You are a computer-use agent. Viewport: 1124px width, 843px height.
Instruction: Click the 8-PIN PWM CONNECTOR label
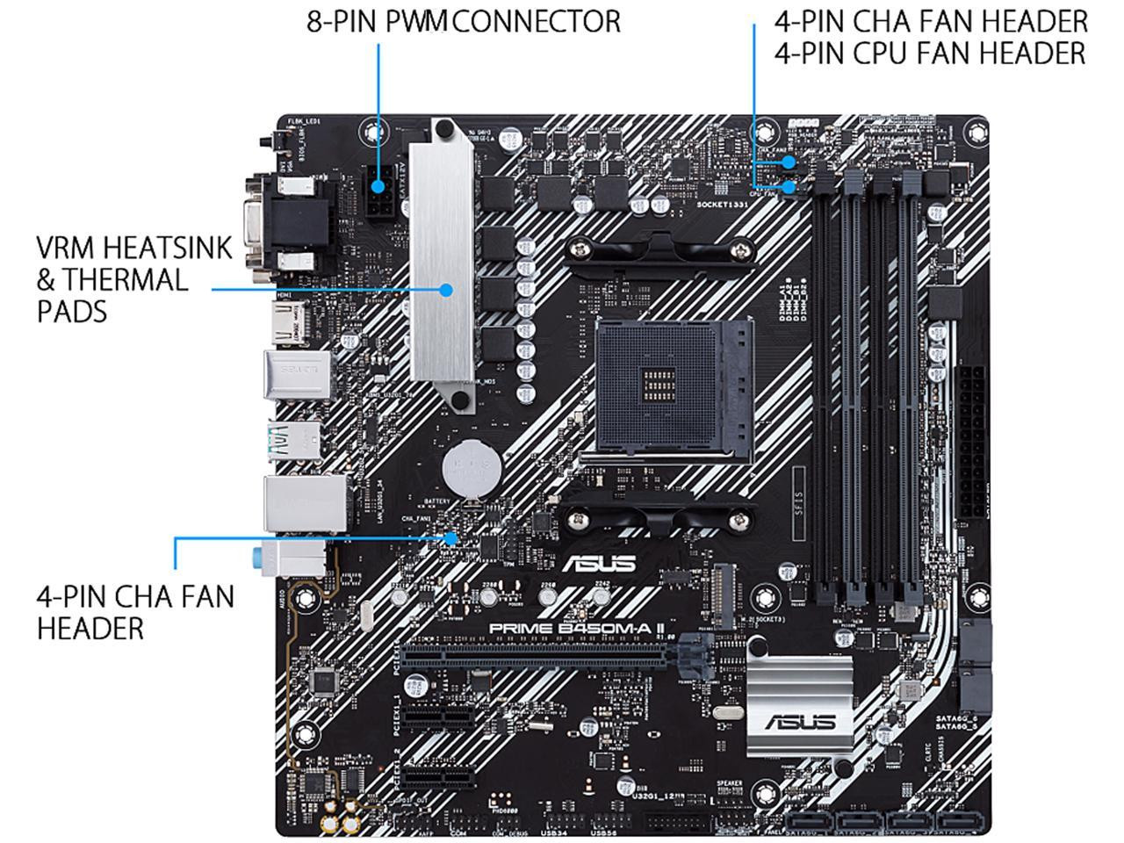pyautogui.click(x=463, y=21)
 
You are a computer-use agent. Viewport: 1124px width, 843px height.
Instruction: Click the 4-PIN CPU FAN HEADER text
pyautogui.click(x=930, y=54)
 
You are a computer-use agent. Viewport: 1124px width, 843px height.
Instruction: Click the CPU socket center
pyautogui.click(x=674, y=386)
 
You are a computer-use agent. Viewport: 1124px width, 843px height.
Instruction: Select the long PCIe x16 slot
pyautogui.click(x=536, y=654)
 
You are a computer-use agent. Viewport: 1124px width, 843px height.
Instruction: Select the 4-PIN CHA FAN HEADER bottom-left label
pyautogui.click(x=135, y=612)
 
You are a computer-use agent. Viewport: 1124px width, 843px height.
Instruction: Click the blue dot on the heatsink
pyautogui.click(x=447, y=289)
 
